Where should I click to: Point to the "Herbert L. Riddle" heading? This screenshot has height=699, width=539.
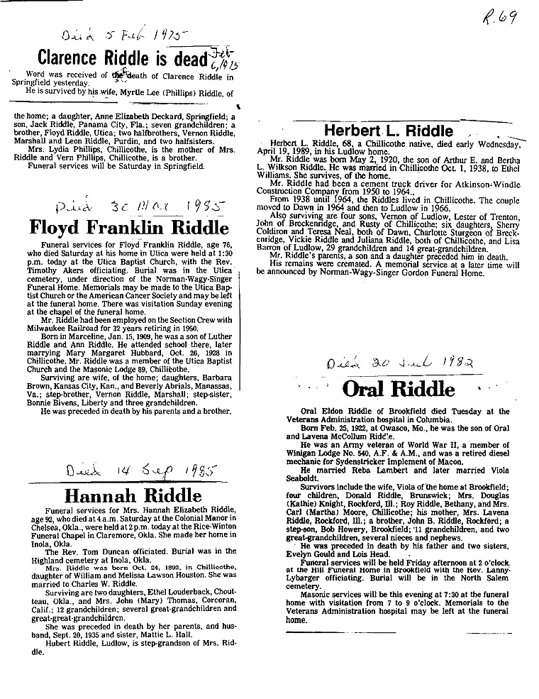coord(388,131)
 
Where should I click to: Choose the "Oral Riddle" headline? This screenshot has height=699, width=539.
coord(398,389)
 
